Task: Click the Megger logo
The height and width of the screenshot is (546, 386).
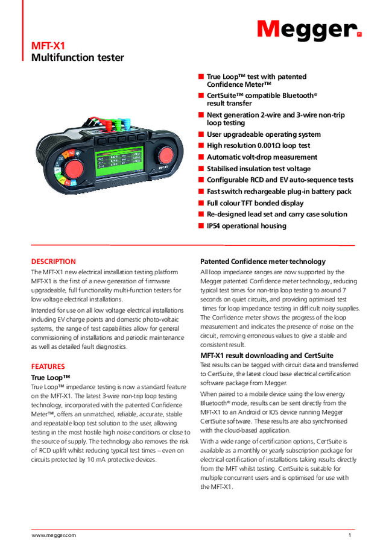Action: tap(309, 29)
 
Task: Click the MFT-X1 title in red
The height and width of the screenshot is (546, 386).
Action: tap(48, 46)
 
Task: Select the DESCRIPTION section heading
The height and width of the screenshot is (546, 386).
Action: tap(54, 262)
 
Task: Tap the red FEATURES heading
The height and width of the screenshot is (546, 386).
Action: tap(48, 366)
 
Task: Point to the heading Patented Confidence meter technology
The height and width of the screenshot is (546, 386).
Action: tap(262, 262)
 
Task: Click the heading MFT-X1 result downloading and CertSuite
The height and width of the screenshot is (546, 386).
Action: tap(267, 356)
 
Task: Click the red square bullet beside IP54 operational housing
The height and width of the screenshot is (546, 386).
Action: tap(201, 226)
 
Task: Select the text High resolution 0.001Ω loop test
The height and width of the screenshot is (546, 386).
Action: tap(259, 146)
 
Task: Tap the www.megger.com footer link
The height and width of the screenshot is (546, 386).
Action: tap(54, 535)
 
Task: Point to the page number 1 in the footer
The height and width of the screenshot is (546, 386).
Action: tap(349, 535)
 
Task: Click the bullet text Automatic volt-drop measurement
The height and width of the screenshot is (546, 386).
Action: tap(262, 157)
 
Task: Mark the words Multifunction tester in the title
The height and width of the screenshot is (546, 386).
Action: tap(77, 58)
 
